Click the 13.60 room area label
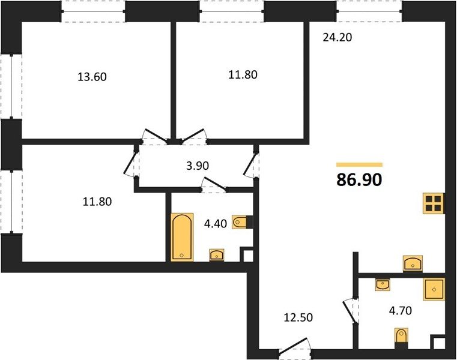click(92, 77)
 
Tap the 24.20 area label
click(337, 37)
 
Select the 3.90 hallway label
click(198, 166)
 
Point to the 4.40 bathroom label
click(216, 224)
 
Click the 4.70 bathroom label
click(401, 310)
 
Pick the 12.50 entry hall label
click(298, 317)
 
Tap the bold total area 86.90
click(359, 180)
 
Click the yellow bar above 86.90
click(359, 164)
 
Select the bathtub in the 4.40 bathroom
click(182, 237)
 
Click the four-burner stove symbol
click(434, 203)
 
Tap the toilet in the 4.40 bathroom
click(242, 222)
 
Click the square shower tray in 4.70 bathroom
click(434, 289)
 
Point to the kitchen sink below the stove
click(413, 263)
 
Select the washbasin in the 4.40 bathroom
click(217, 255)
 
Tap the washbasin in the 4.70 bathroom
click(383, 284)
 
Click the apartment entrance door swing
click(294, 346)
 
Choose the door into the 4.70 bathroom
click(349, 311)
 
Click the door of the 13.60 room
click(156, 136)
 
